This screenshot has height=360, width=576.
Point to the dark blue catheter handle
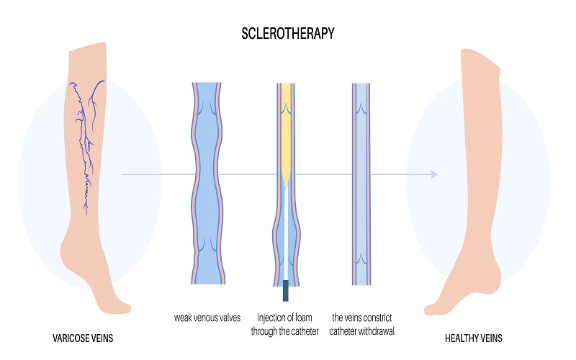coord(286,290)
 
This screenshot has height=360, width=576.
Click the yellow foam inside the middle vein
coord(287,130)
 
